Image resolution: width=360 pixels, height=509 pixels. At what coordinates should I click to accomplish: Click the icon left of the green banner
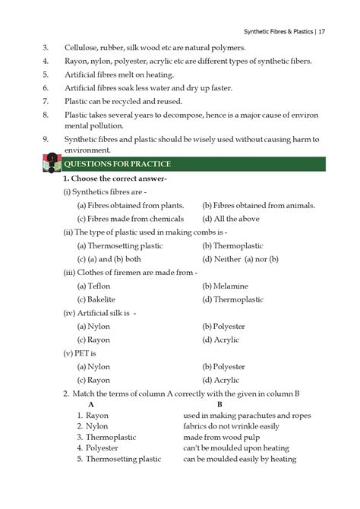(50, 165)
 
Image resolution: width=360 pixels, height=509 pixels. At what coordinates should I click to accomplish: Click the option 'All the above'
(227, 219)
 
